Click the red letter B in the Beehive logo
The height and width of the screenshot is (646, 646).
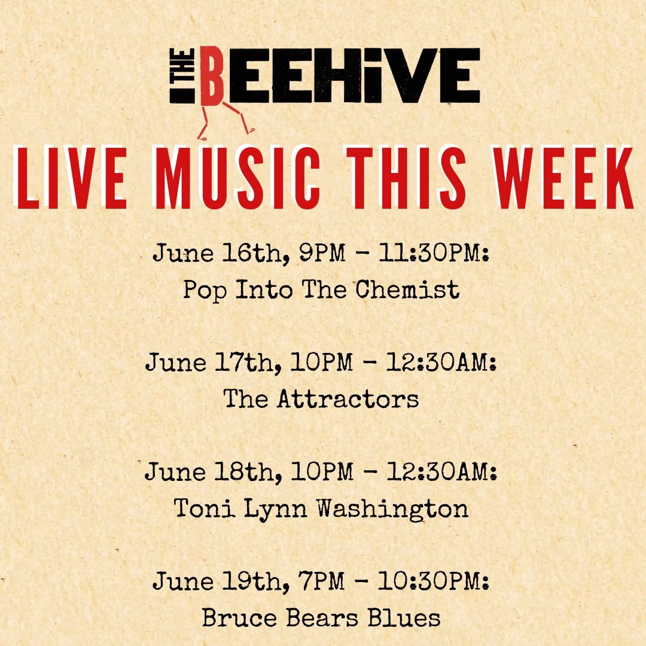(212, 76)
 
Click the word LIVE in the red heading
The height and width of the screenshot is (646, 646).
(71, 178)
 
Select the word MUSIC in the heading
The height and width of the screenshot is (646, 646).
(238, 178)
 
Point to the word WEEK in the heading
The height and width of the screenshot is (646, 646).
(563, 178)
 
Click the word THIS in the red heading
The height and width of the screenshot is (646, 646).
(406, 178)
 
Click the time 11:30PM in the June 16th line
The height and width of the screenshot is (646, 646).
(434, 252)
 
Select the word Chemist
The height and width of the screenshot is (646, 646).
(407, 289)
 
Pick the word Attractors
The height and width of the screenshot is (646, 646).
(348, 399)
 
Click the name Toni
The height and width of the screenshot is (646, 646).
(205, 508)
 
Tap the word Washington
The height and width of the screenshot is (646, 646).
(392, 509)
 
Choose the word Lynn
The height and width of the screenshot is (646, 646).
(276, 509)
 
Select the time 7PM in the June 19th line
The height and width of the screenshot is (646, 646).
(321, 581)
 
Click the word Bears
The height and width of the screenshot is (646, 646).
(322, 617)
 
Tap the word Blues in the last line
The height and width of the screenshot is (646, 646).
(404, 617)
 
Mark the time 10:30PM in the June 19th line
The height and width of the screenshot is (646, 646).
(433, 581)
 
